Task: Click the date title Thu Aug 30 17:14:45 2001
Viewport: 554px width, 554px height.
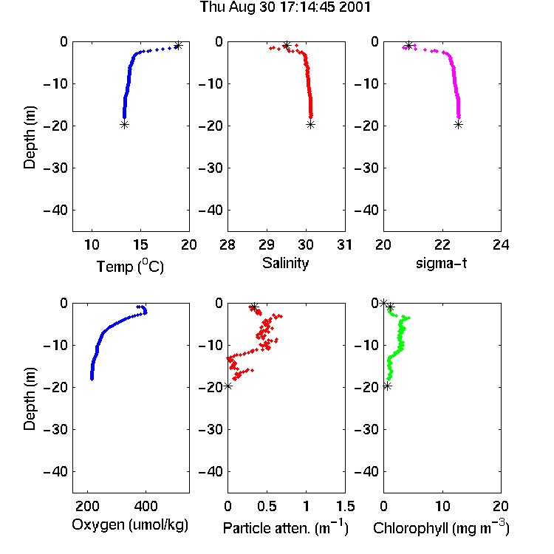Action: click(285, 7)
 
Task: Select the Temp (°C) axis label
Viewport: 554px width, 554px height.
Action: click(130, 266)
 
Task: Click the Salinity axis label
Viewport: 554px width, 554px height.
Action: click(285, 263)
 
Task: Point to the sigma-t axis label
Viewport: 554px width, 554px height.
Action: click(441, 263)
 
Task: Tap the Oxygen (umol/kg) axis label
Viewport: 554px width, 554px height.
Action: click(130, 524)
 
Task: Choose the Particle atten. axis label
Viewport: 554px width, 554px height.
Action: click(286, 527)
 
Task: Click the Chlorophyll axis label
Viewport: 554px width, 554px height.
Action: click(441, 527)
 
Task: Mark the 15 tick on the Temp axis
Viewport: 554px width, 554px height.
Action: click(140, 244)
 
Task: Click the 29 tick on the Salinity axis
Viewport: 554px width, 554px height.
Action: click(267, 244)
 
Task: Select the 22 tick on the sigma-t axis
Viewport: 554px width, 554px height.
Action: click(442, 244)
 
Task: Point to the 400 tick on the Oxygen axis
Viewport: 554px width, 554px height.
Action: click(146, 506)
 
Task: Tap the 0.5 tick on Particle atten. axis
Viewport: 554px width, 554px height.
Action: click(267, 506)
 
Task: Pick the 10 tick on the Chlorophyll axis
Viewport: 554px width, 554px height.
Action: click(442, 506)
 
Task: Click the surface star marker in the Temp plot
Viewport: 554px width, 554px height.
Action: click(179, 45)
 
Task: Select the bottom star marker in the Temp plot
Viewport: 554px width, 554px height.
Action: click(124, 124)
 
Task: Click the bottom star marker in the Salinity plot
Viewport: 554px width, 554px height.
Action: click(310, 124)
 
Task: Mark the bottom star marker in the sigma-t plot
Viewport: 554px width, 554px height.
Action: click(458, 124)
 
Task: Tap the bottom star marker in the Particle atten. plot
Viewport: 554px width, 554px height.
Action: click(228, 386)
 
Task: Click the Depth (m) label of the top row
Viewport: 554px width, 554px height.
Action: click(30, 137)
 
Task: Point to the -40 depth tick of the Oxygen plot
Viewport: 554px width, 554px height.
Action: click(55, 471)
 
